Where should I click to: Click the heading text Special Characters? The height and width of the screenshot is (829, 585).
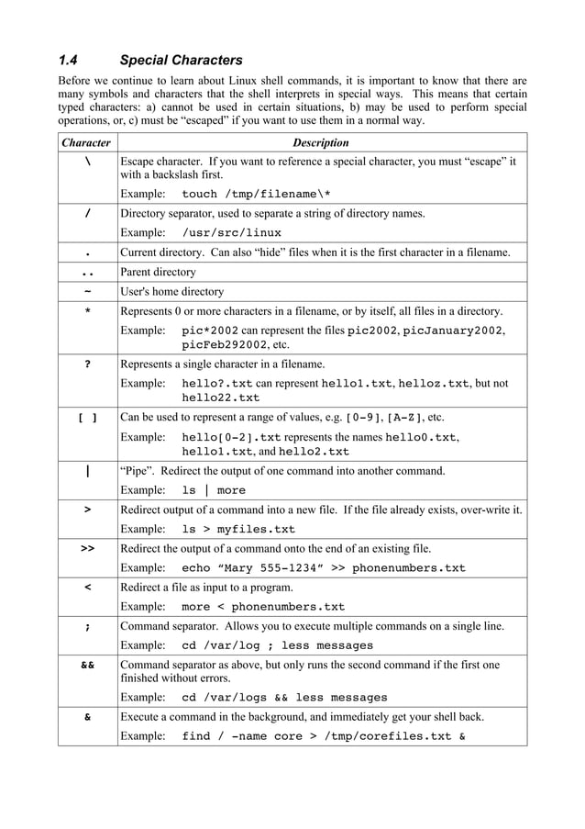181,62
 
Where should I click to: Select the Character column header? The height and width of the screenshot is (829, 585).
86,142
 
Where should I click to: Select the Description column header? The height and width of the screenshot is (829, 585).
320,142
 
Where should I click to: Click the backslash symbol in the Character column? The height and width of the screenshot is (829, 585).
87,162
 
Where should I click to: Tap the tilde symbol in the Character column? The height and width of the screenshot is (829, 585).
87,291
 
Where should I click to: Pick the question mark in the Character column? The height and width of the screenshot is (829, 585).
87,364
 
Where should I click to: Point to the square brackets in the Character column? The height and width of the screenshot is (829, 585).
87,418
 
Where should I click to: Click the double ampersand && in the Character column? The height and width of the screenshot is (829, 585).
87,664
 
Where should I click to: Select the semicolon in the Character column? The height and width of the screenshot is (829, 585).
87,626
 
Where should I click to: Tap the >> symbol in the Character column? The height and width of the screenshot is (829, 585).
87,548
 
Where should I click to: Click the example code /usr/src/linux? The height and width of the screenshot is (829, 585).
232,232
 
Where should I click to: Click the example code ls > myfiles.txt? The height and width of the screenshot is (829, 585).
238,529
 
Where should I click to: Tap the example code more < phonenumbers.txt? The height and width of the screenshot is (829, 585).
263,606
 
